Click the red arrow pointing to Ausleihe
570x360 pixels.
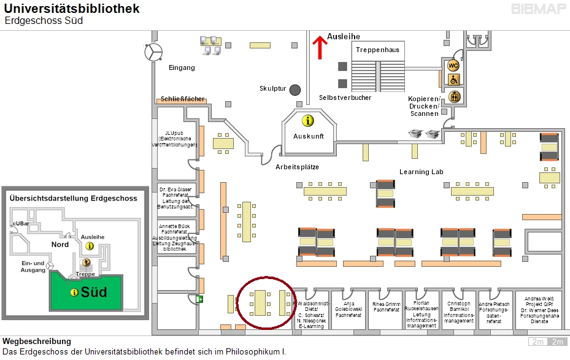click(x=319, y=47)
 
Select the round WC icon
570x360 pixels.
click(x=453, y=66)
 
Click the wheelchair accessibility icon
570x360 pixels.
click(x=453, y=80)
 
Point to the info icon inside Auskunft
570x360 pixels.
click(x=307, y=120)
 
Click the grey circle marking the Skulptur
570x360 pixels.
click(x=295, y=90)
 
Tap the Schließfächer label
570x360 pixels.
click(x=183, y=99)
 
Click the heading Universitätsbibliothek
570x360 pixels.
click(x=72, y=9)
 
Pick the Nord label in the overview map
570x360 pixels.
click(x=60, y=244)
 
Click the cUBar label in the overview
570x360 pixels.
click(x=21, y=225)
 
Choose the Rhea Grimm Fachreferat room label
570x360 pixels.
click(x=387, y=307)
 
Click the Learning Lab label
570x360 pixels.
click(x=421, y=172)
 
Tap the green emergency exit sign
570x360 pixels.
click(x=199, y=299)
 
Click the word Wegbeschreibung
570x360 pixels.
click(x=37, y=341)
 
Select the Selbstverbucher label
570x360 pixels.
click(x=345, y=98)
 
